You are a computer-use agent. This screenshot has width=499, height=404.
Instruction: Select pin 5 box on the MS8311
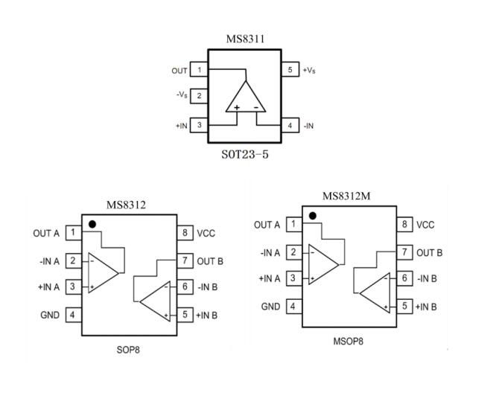(290, 70)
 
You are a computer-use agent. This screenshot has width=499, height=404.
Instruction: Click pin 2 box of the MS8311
(199, 96)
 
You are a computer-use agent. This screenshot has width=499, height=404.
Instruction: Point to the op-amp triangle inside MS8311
(245, 97)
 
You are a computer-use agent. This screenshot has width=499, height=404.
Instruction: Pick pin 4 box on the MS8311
(290, 126)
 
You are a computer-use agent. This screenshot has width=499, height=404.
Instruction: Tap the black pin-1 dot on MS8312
(92, 223)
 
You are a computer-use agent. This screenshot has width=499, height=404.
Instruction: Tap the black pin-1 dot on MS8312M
(313, 216)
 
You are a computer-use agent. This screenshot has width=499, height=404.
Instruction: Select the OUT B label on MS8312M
(430, 252)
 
